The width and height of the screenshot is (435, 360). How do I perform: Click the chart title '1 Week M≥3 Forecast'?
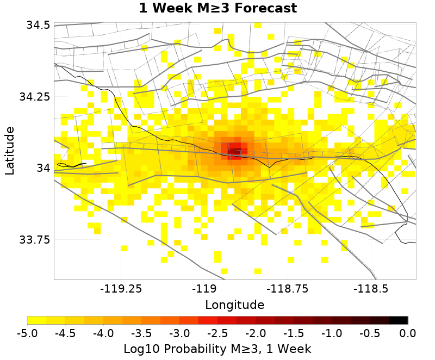(x=217, y=8)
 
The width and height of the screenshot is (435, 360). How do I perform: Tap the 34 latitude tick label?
(x=43, y=168)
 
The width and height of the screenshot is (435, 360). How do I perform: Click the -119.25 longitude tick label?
(x=120, y=288)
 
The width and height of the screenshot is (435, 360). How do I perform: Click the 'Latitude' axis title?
(x=10, y=151)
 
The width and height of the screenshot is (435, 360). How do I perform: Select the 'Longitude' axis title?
(x=235, y=304)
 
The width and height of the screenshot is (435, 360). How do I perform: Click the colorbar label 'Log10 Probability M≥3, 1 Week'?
(x=217, y=348)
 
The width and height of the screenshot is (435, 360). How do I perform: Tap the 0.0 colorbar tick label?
(x=408, y=333)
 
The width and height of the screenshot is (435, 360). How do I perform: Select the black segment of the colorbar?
(x=398, y=320)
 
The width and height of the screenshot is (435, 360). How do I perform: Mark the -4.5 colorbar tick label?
(x=65, y=333)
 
